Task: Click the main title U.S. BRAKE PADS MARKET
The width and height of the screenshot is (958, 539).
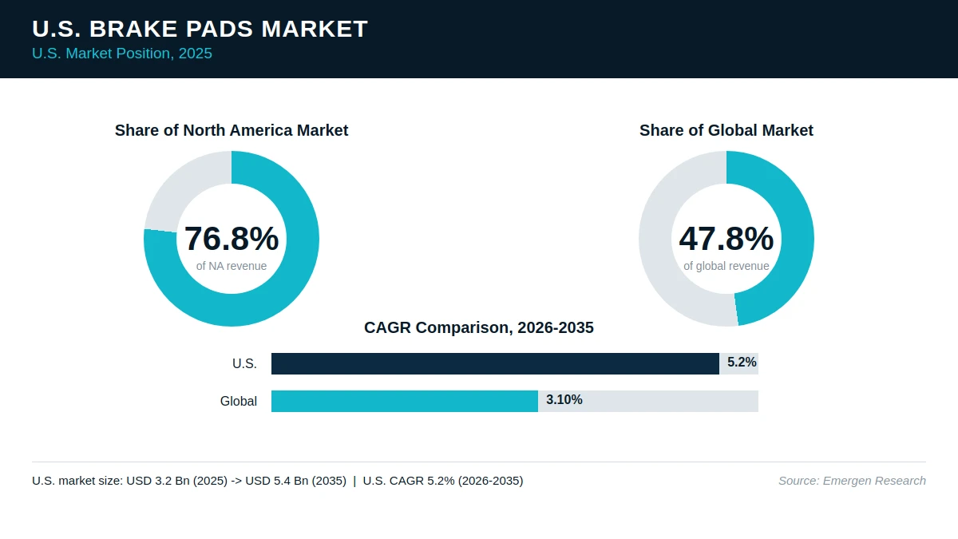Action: click(200, 29)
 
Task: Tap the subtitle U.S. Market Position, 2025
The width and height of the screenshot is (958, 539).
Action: click(122, 54)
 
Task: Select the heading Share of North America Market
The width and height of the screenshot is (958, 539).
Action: click(232, 130)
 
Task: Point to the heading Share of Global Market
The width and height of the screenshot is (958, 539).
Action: click(726, 130)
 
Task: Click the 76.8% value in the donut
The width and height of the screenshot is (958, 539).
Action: click(232, 238)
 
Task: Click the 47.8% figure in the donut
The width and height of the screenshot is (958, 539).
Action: click(726, 238)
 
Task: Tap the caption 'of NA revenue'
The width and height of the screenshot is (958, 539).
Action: click(232, 266)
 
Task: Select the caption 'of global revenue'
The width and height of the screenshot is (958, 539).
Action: click(726, 266)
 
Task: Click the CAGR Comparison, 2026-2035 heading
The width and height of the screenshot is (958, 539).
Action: click(479, 327)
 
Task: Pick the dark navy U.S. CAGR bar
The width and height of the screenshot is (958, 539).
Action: click(495, 363)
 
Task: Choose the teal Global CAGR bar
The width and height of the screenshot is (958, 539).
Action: click(405, 401)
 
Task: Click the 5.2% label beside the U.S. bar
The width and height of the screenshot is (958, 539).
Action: click(742, 363)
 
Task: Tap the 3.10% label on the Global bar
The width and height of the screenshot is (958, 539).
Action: click(564, 399)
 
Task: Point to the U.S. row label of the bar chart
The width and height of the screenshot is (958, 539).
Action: click(244, 363)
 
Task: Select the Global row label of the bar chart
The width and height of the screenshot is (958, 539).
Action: click(239, 401)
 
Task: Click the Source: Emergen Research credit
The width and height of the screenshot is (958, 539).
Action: click(852, 481)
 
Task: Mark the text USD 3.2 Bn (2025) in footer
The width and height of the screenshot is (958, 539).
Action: click(177, 481)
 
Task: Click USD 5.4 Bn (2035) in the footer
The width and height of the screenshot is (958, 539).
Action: click(296, 481)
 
